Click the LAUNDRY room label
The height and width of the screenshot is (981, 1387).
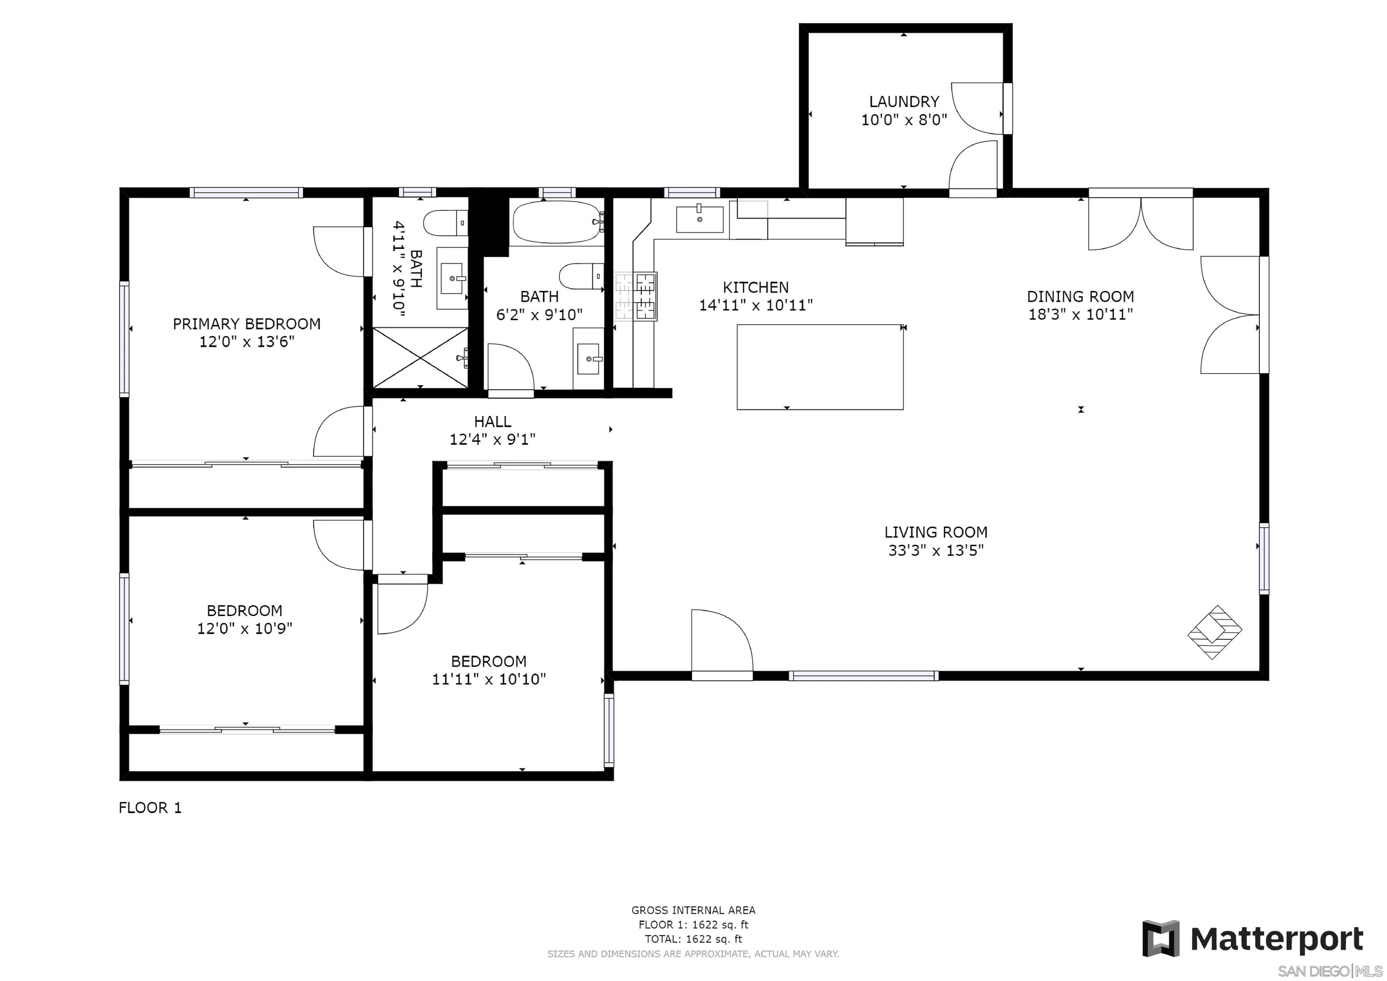[904, 102]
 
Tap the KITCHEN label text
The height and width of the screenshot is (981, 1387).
[756, 287]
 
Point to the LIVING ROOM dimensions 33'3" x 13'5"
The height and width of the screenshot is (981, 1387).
[936, 550]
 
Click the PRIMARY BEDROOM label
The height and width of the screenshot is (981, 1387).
[247, 324]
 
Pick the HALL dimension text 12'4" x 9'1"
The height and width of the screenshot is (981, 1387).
[492, 439]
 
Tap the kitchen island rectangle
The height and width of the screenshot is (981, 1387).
[820, 367]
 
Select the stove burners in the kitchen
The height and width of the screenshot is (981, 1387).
[636, 296]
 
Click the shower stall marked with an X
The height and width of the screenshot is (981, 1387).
[420, 357]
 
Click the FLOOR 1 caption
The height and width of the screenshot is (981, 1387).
[150, 808]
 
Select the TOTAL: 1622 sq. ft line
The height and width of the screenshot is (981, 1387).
[693, 939]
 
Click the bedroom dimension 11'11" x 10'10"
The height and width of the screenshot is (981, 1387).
[489, 679]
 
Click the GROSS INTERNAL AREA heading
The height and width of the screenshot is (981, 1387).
[693, 910]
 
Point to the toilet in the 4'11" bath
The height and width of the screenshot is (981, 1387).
[445, 223]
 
